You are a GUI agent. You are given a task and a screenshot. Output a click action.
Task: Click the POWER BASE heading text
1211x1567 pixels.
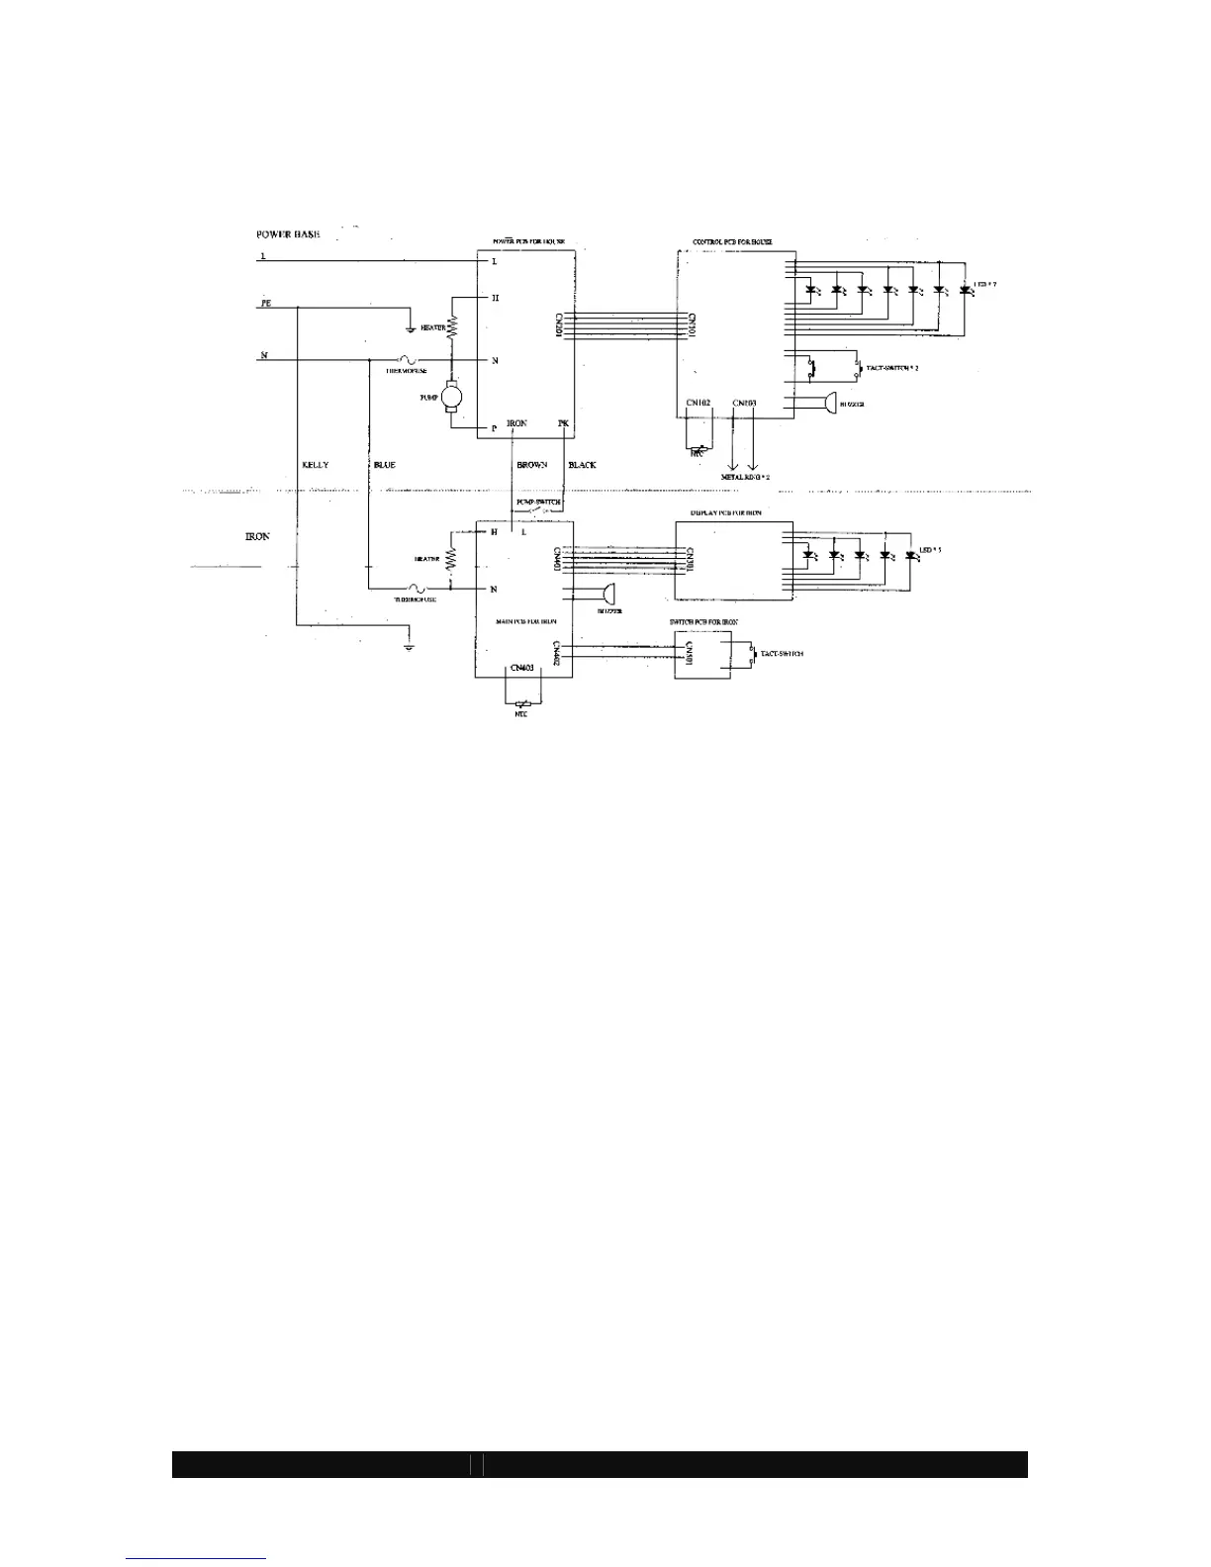pos(288,234)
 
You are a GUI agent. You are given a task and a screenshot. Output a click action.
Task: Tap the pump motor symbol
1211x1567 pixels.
pos(451,397)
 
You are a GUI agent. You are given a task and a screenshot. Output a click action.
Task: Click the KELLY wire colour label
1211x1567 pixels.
pos(315,465)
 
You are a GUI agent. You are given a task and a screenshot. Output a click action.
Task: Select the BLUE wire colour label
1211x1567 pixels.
pos(385,465)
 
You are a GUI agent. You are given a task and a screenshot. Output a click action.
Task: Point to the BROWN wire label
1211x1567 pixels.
pos(531,465)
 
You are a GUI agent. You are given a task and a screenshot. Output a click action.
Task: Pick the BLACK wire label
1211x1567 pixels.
pos(582,465)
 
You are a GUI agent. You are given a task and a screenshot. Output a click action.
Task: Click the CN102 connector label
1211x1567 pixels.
pos(699,404)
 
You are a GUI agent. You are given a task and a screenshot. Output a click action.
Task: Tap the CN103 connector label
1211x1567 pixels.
pos(744,404)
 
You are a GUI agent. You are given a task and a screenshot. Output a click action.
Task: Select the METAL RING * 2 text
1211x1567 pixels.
pos(745,477)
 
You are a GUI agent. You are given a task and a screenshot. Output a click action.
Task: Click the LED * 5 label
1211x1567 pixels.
pos(930,550)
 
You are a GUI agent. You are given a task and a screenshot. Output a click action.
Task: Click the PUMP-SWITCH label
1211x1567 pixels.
pos(538,503)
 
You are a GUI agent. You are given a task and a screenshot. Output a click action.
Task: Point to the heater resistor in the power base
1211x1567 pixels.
pos(454,326)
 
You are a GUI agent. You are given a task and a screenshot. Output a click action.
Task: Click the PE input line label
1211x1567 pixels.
pos(266,304)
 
